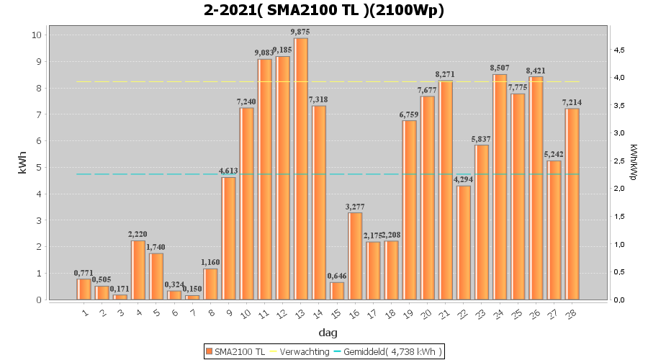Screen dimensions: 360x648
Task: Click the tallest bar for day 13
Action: [x=301, y=168]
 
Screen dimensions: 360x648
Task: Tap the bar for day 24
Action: [x=500, y=187]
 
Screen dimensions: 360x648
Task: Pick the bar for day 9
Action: [x=228, y=238]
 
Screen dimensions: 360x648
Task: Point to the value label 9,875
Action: [x=301, y=32]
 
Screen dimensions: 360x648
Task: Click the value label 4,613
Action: [x=228, y=171]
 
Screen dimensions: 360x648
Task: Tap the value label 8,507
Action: [x=500, y=68]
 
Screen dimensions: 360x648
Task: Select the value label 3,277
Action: [x=355, y=207]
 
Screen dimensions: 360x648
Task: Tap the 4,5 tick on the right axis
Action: [x=619, y=50]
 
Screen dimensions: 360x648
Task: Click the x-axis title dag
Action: [x=328, y=333]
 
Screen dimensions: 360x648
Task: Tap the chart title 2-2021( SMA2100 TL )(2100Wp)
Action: [x=324, y=10]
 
